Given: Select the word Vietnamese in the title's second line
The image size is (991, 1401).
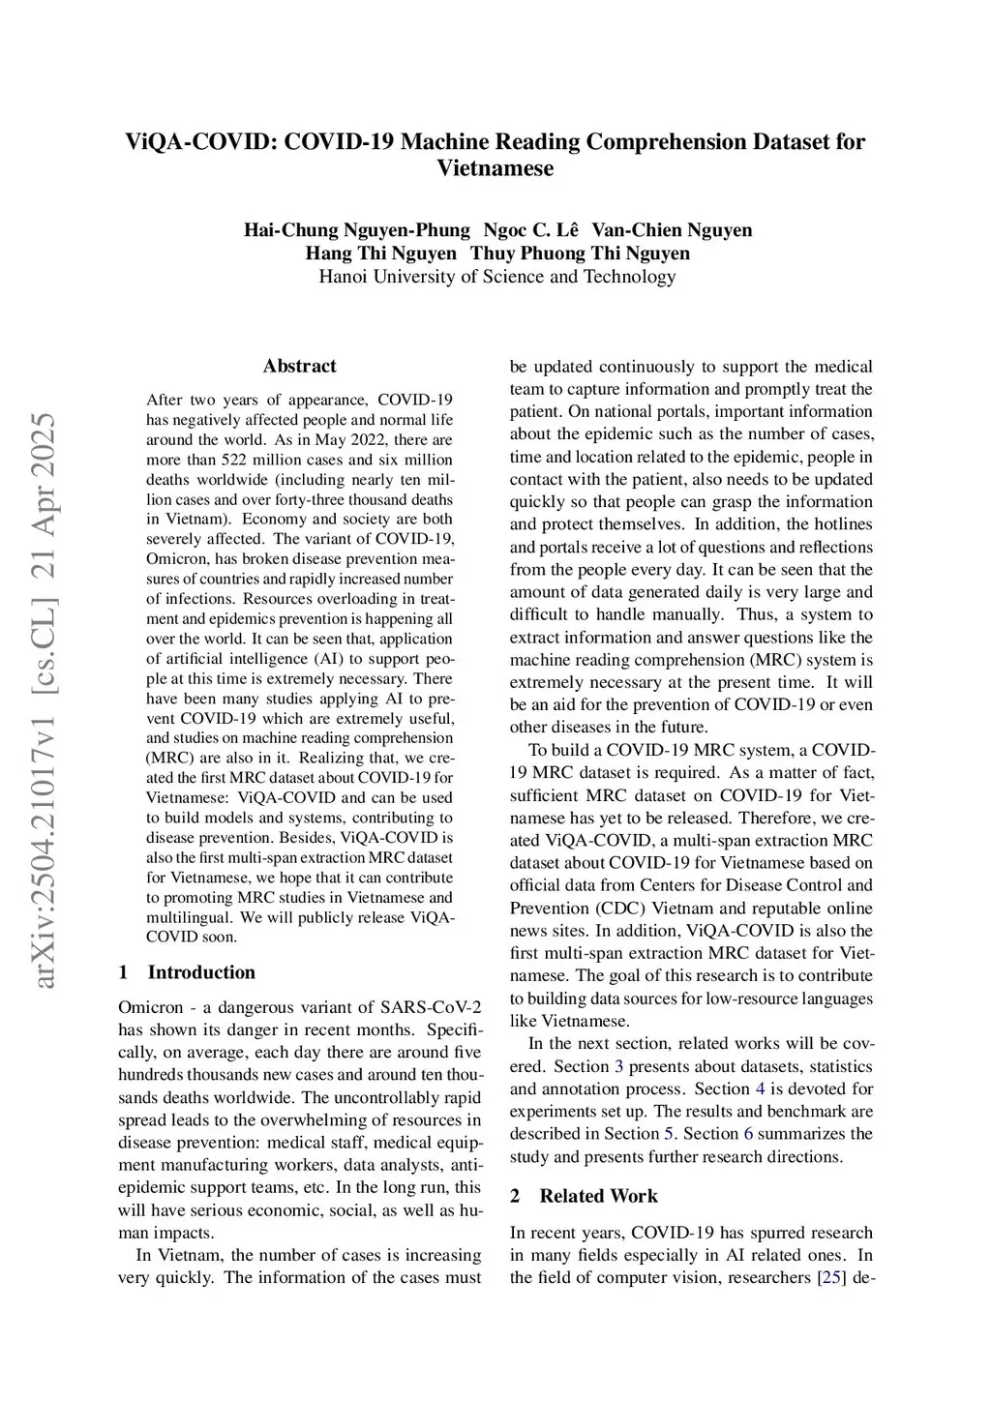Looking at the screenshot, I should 495,168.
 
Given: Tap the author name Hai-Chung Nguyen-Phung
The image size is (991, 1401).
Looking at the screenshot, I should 356,230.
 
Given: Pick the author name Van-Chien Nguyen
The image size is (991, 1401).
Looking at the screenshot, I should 672,230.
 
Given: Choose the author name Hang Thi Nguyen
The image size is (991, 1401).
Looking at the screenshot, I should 380,253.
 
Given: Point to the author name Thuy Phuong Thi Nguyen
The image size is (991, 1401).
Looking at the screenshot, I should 581,253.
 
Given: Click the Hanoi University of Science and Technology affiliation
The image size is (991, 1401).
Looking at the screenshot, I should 497,277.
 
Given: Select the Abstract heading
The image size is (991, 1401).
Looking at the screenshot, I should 300,366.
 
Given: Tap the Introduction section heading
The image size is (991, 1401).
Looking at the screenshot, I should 201,972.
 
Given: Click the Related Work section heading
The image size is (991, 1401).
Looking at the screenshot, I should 598,1196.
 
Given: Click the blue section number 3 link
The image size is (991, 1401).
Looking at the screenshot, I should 618,1066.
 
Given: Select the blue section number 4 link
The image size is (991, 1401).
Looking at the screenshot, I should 760,1088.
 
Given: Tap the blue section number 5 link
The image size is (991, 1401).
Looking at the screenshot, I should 668,1134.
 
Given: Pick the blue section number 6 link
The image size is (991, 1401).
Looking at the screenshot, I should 748,1134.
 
